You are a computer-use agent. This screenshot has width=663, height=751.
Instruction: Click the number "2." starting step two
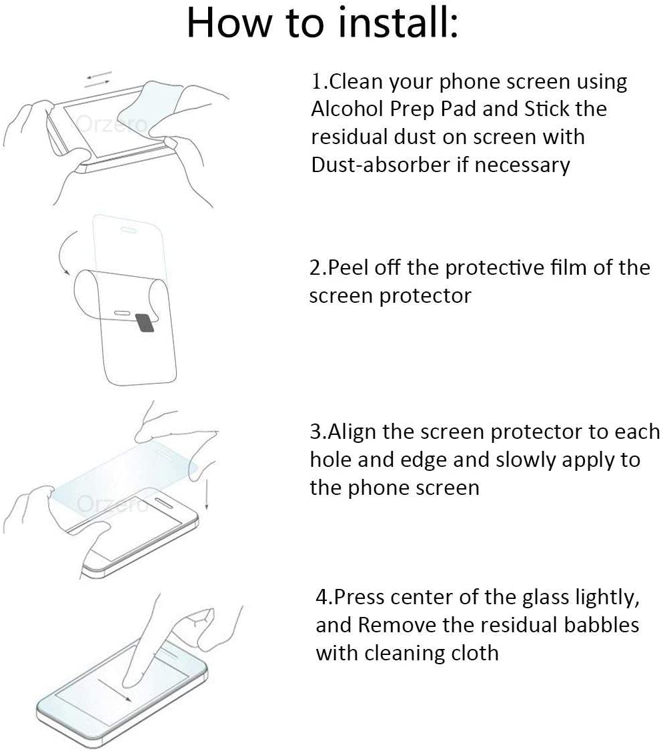tap(318, 267)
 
